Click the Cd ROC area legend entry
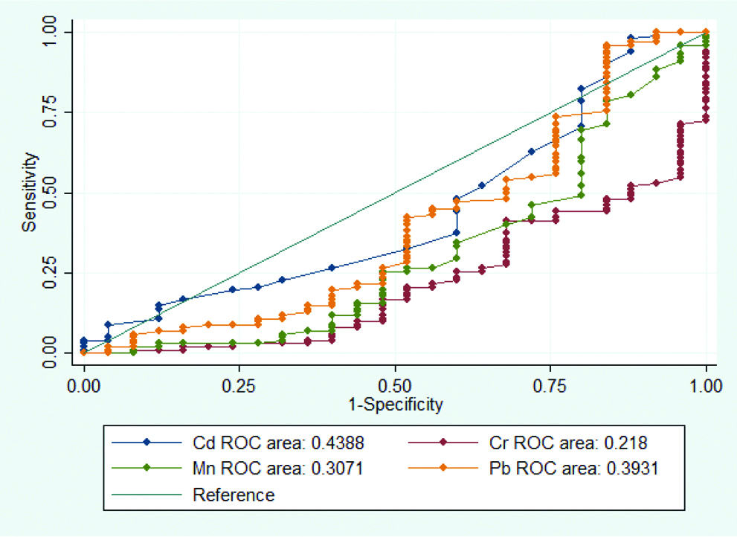tap(277, 443)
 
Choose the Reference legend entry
tap(233, 495)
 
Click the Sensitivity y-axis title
tap(29, 192)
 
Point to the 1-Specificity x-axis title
tap(394, 405)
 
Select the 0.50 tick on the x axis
tap(394, 385)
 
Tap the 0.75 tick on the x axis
tap(550, 385)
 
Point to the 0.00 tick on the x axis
tap(84, 385)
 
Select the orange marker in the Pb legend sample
tap(443, 469)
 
